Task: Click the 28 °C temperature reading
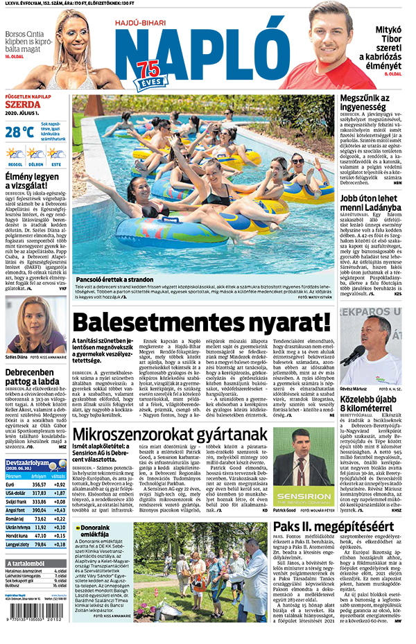[x=19, y=131]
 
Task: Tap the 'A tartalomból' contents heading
[x=27, y=563]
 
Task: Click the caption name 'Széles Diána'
[x=17, y=358]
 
